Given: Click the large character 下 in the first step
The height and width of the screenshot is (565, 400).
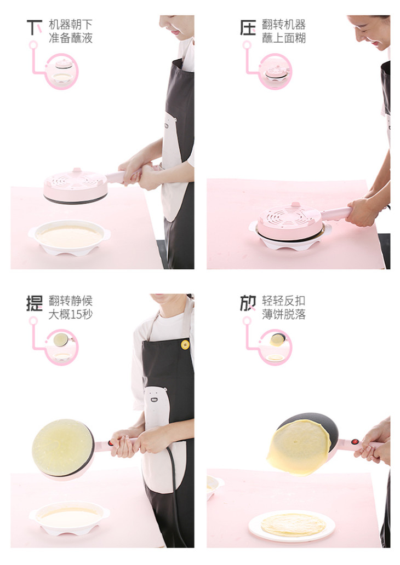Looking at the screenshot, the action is [x=35, y=27].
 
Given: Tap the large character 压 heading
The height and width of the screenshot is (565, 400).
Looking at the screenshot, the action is [x=248, y=27].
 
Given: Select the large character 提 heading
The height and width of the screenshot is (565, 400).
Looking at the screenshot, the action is [x=35, y=303].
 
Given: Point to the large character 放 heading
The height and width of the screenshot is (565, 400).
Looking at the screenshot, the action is [x=248, y=303].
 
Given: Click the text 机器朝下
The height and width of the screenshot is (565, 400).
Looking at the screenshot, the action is [x=71, y=25].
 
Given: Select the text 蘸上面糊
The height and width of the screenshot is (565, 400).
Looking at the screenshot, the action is [x=284, y=38].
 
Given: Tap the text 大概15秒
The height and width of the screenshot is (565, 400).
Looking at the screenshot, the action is [x=71, y=314].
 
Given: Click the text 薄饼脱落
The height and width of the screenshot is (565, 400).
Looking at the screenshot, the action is [x=284, y=314].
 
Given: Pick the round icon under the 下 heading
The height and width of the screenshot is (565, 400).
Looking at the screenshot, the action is [x=62, y=71].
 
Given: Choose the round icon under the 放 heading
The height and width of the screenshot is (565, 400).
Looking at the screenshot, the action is [x=275, y=347].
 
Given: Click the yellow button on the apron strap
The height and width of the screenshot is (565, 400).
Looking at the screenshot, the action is [x=185, y=345].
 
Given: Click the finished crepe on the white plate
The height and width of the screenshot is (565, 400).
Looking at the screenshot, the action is [x=293, y=524].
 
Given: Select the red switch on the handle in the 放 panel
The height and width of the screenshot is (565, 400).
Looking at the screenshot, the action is [x=355, y=442].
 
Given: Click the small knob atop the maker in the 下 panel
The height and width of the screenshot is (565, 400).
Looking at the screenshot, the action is [x=77, y=170].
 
